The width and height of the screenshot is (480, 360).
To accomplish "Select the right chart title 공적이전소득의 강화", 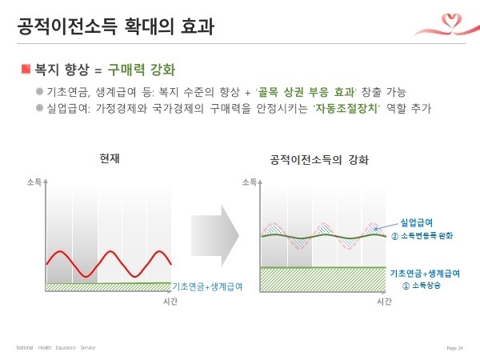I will coord(320,159).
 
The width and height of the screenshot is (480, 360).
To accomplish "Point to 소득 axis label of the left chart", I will coord(35,182).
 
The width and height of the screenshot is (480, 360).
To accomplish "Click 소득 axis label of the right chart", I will coord(250,182).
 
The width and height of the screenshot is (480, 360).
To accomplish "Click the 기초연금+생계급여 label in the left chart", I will coord(207,286).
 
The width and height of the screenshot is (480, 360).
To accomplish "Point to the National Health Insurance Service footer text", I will coord(56,348).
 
